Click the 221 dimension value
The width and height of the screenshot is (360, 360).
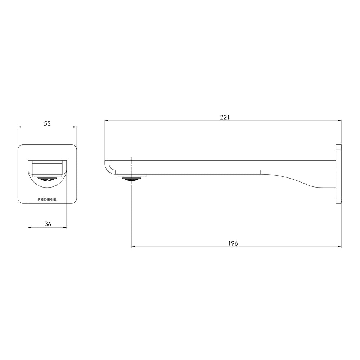point(225,117)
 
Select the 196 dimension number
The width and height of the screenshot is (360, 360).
point(233,243)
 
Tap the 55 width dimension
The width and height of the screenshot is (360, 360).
point(47,124)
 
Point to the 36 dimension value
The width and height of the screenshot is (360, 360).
point(48,224)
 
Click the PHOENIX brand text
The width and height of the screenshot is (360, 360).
point(47,199)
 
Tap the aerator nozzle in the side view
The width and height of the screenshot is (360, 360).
point(131,179)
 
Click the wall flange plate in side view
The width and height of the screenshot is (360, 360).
point(339,174)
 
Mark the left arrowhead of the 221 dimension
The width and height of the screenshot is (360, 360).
point(106,120)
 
